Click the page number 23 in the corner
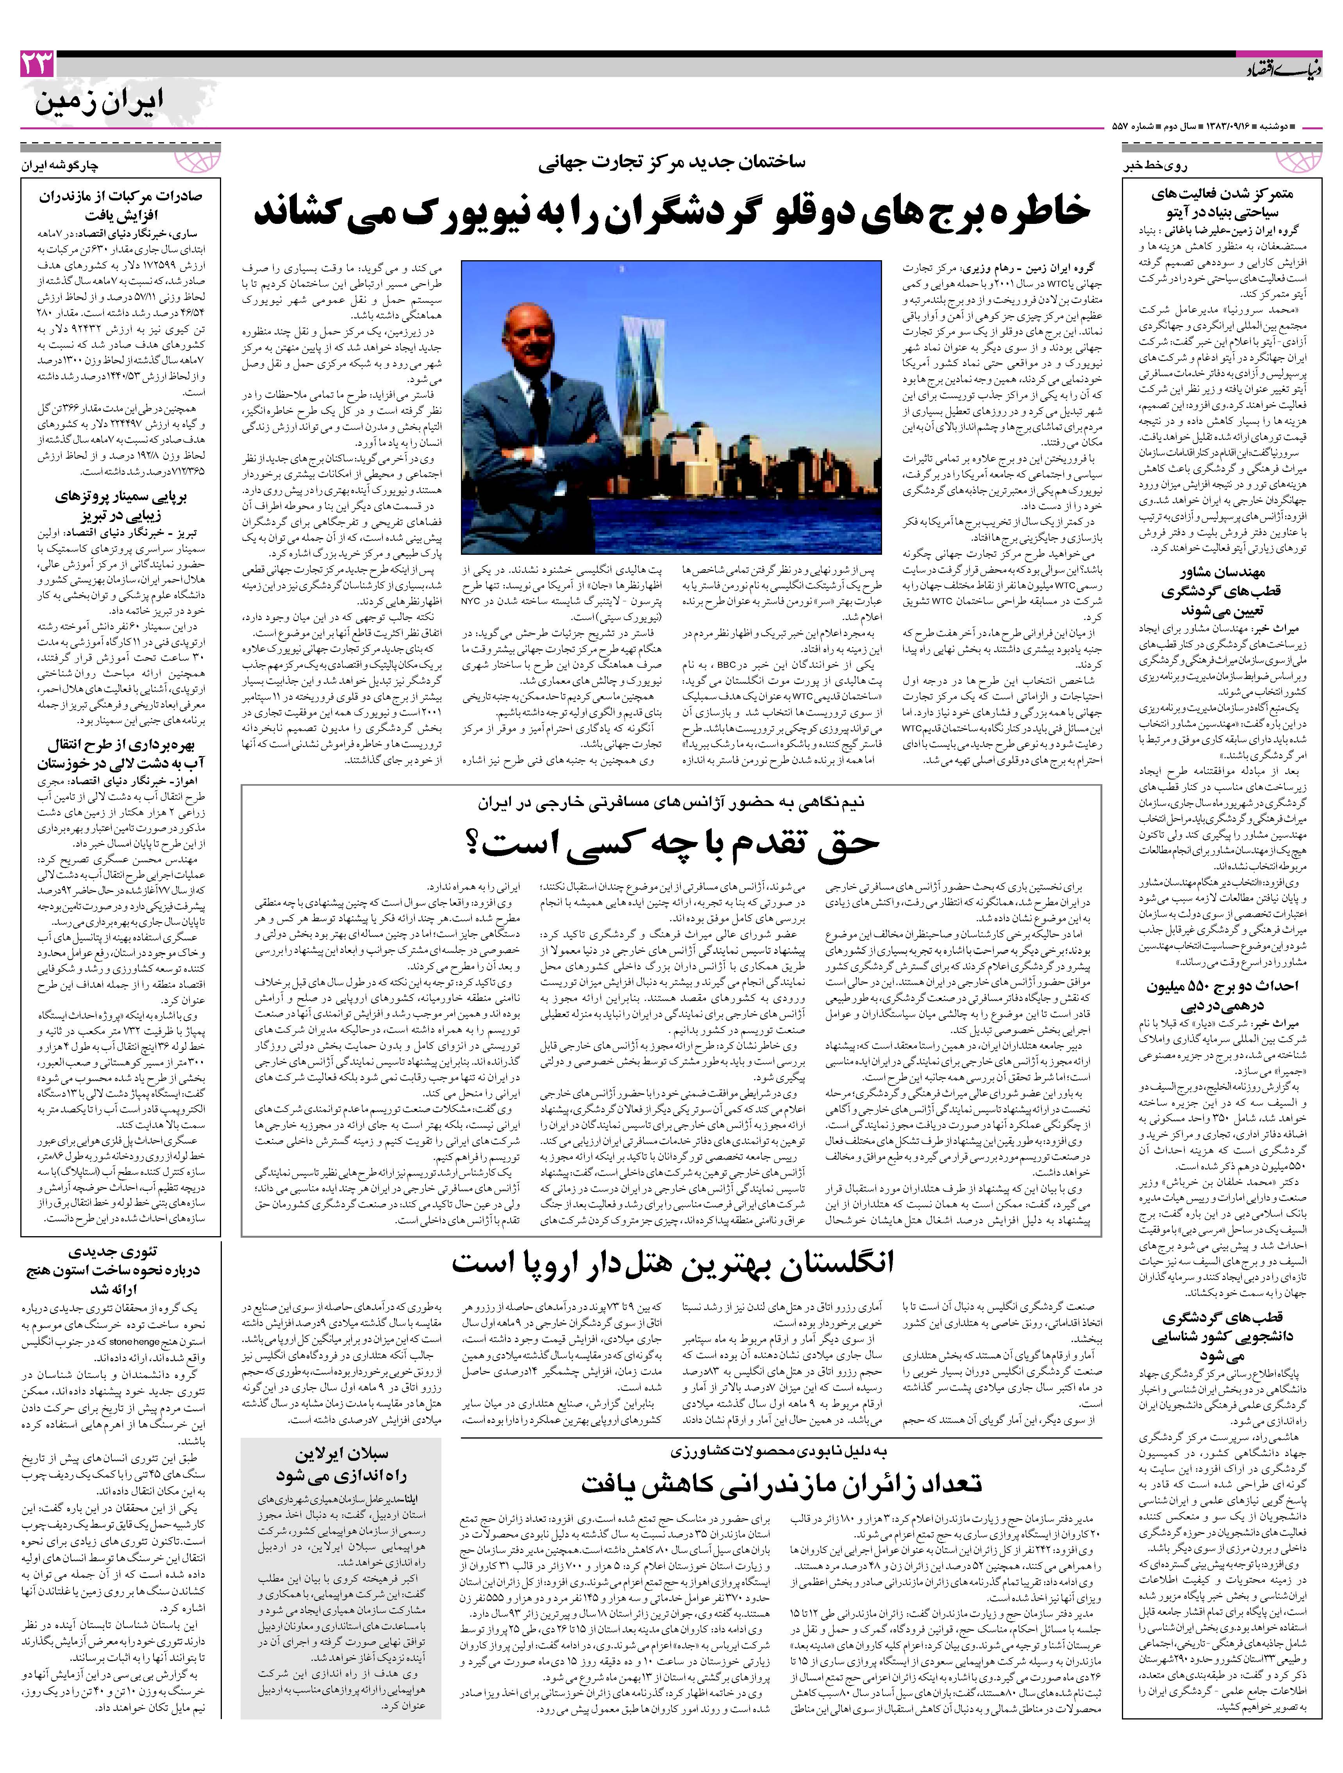pyautogui.click(x=38, y=64)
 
